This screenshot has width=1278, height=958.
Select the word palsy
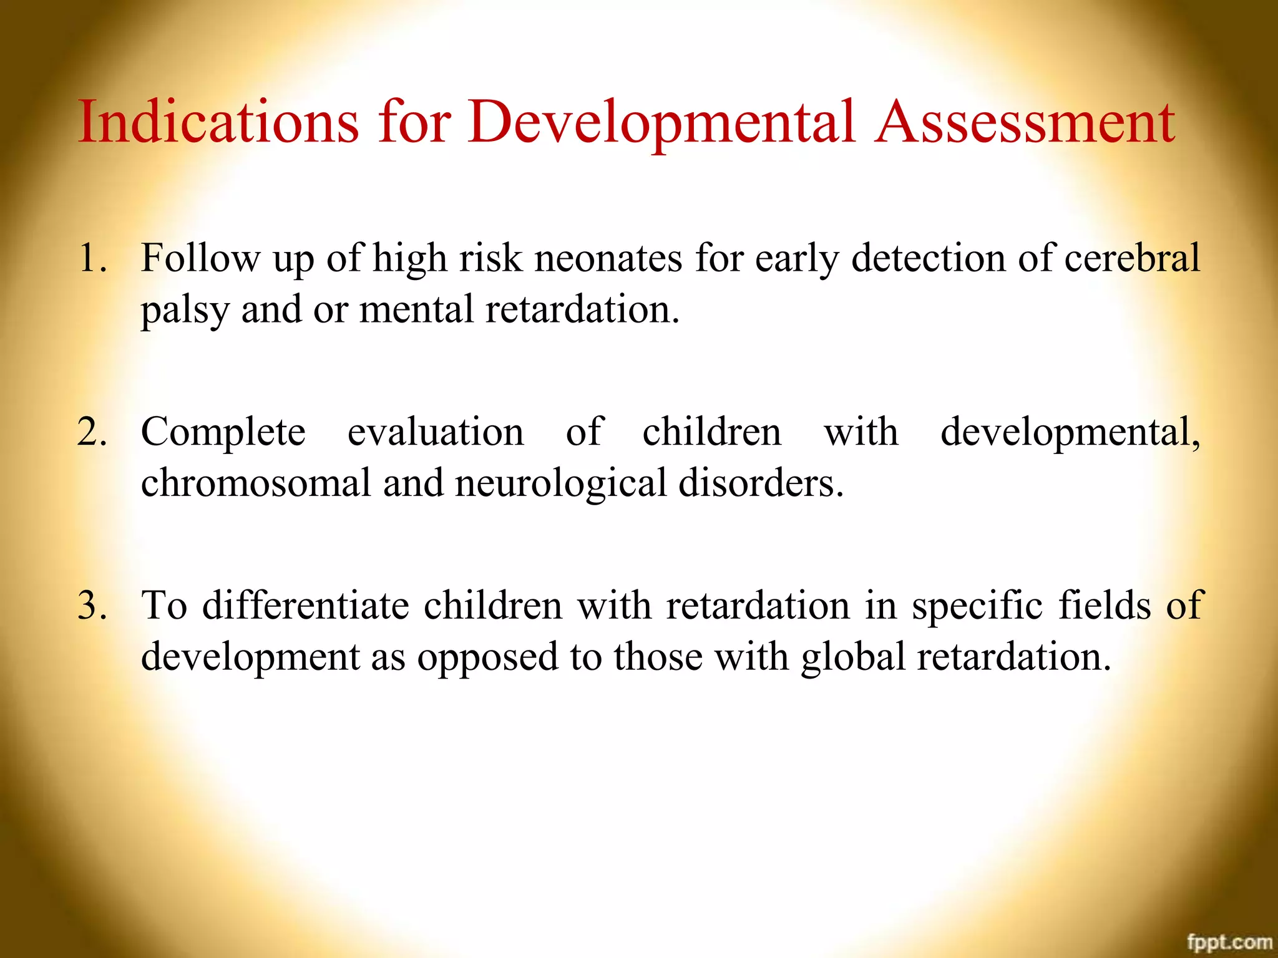185,311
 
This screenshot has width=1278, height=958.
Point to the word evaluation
436,432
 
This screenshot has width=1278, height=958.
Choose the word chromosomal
256,483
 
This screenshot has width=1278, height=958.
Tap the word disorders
760,483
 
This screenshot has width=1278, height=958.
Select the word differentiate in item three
306,605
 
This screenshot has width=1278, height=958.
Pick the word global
853,657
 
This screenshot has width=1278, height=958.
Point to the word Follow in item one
200,258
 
